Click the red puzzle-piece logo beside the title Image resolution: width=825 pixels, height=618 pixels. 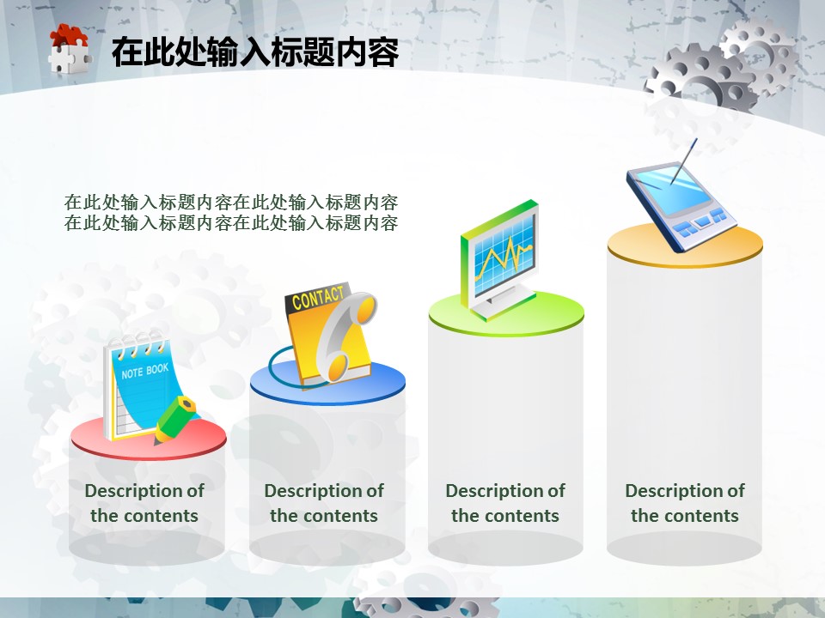pyautogui.click(x=70, y=50)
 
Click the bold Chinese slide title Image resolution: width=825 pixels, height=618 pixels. pyautogui.click(x=255, y=52)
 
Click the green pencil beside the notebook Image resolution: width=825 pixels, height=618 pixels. pyautogui.click(x=175, y=420)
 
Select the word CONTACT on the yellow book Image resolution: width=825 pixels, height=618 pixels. pyautogui.click(x=318, y=298)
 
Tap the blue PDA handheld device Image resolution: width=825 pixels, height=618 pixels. pyautogui.click(x=681, y=206)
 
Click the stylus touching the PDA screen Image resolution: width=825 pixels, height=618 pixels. pyautogui.click(x=683, y=161)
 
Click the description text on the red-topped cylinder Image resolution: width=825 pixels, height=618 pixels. pyautogui.click(x=144, y=503)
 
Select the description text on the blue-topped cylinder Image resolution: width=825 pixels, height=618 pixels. pyautogui.click(x=324, y=503)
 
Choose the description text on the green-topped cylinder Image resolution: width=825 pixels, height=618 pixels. pyautogui.click(x=505, y=503)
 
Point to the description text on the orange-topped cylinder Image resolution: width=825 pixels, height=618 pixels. pyautogui.click(x=685, y=503)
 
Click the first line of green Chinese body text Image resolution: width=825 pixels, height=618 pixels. pyautogui.click(x=231, y=203)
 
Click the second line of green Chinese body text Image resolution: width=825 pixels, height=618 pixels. pyautogui.click(x=231, y=223)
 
